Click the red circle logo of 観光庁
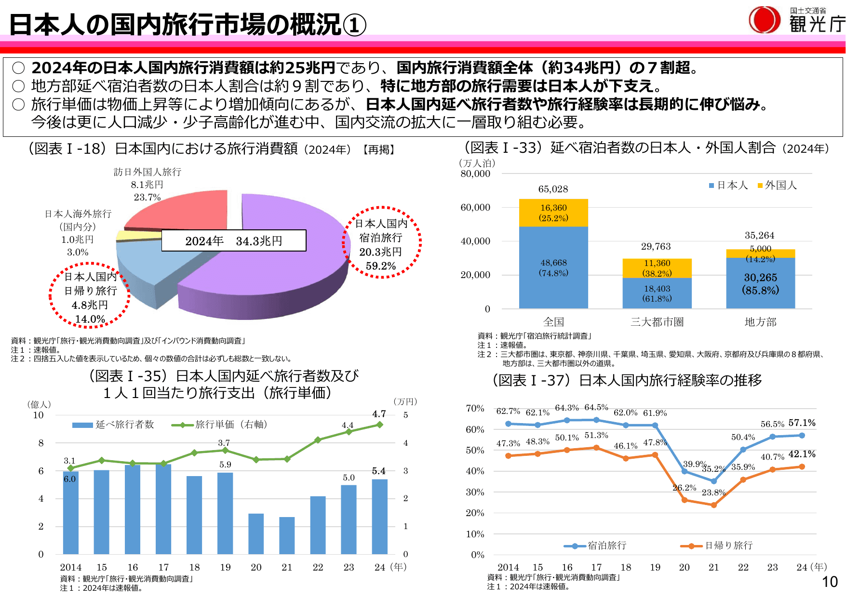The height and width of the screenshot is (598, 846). coord(764,20)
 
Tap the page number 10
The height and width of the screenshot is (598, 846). coord(830,582)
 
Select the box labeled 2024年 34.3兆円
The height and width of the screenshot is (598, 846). coord(233,240)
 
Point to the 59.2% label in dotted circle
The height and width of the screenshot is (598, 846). coord(380,266)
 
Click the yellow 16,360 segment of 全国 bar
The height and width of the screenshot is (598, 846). coord(553,213)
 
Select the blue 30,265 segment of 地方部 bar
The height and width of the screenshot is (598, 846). coord(760,283)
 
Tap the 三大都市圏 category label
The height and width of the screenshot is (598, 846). coord(657,322)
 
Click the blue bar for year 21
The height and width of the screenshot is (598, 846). coord(287,535)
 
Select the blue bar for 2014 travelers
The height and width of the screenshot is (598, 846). coord(70,513)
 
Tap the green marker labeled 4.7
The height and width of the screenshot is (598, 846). coord(380,425)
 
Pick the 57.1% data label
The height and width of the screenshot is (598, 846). coord(802,423)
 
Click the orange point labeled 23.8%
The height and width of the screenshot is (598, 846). coord(713,505)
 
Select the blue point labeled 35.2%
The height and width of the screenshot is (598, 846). coord(713,481)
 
